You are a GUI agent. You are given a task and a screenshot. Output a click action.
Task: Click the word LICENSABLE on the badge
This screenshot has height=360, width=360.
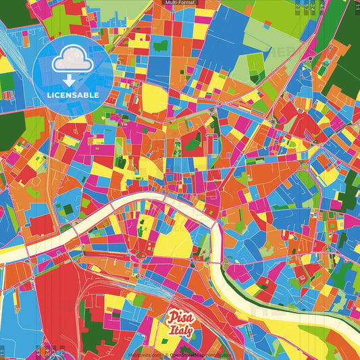[73, 95]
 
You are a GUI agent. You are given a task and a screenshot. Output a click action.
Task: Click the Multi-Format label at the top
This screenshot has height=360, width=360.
[179, 3]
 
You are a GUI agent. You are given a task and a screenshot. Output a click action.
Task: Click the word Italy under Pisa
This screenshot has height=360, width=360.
[181, 331]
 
